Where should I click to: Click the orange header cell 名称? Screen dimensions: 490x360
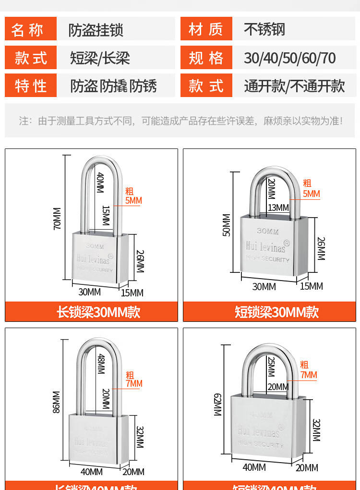[x=31, y=29]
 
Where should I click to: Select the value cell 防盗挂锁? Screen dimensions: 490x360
[x=96, y=30]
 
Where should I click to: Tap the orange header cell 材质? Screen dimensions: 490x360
[x=206, y=29]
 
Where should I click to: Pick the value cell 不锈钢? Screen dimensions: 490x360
[x=264, y=29]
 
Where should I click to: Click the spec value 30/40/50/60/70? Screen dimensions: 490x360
[x=289, y=58]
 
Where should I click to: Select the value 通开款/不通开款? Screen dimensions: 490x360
[x=294, y=86]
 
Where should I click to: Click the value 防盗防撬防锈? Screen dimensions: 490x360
[x=113, y=86]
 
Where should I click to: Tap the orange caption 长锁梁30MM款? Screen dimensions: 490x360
[x=98, y=312]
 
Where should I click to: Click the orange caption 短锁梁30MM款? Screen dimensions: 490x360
[x=276, y=312]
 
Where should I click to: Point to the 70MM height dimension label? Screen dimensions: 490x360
[x=57, y=219]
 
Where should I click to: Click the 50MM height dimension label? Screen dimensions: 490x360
[x=227, y=225]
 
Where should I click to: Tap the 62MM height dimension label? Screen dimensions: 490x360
[x=217, y=404]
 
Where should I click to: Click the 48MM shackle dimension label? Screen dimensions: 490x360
[x=101, y=364]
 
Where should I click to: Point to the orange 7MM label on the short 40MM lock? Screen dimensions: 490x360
[x=309, y=375]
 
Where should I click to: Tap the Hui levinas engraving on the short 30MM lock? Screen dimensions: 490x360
[x=265, y=246]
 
